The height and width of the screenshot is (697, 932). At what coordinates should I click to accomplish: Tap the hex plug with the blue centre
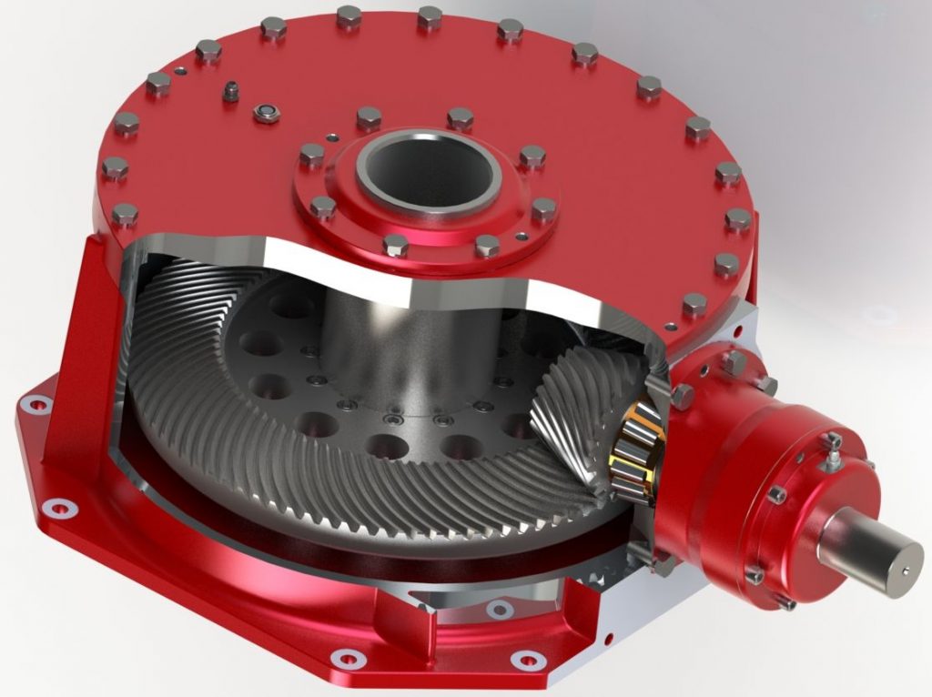click(x=265, y=111)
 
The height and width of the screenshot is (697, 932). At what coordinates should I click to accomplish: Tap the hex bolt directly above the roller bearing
click(x=682, y=394)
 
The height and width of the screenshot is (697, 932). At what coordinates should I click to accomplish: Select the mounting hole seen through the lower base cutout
click(x=497, y=609)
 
